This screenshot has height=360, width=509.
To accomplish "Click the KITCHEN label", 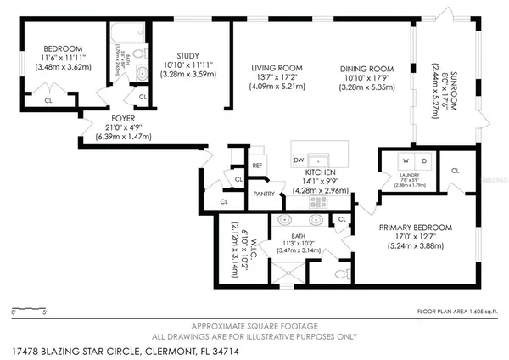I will [x=321, y=172].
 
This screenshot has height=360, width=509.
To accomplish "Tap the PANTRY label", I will [x=264, y=194].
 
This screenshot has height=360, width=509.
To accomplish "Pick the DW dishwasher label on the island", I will [x=299, y=160].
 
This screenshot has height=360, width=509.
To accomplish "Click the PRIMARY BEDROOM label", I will [x=415, y=228].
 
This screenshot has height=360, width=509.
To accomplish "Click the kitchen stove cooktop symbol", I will [x=319, y=201].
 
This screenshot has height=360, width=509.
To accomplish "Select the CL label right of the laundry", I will [x=455, y=171].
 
